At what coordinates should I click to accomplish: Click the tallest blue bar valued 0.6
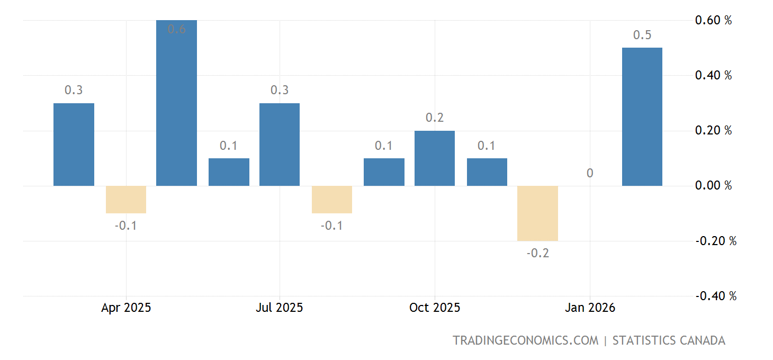click(176, 103)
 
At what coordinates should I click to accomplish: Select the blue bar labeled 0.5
click(642, 117)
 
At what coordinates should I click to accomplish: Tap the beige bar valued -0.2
click(537, 213)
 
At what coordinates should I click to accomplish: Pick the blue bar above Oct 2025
click(434, 158)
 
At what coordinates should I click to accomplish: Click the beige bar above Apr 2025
click(126, 200)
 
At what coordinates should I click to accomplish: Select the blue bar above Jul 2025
click(280, 145)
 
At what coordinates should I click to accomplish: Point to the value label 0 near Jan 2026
click(590, 173)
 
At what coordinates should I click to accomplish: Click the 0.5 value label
click(642, 35)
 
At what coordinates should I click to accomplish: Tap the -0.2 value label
click(537, 254)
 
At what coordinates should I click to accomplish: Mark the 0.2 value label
click(435, 118)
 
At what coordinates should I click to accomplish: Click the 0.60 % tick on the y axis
click(713, 21)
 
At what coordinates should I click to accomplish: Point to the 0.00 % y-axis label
click(713, 186)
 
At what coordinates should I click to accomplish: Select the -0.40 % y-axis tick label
click(715, 296)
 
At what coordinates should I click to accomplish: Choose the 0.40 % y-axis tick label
click(713, 76)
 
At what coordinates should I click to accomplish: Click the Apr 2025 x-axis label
click(126, 308)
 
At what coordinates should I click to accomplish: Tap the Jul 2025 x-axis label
click(280, 308)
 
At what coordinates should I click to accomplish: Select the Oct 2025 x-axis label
click(435, 308)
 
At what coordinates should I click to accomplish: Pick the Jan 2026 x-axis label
click(590, 308)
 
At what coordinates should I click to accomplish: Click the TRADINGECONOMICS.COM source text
click(525, 340)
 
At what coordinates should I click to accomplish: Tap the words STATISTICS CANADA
click(669, 340)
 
